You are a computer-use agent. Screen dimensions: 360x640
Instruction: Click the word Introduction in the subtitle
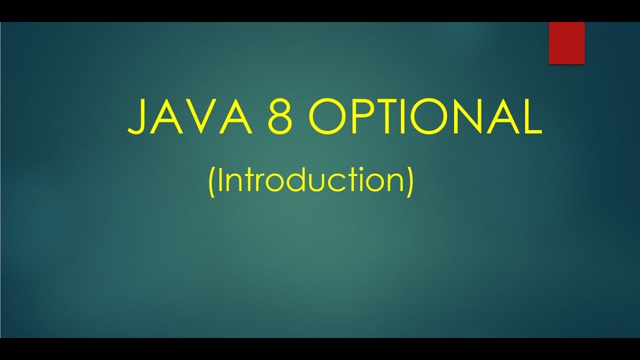pyautogui.click(x=310, y=180)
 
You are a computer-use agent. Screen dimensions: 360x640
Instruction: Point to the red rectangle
pyautogui.click(x=566, y=43)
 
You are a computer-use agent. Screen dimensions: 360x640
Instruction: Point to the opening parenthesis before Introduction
pyautogui.click(x=211, y=181)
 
